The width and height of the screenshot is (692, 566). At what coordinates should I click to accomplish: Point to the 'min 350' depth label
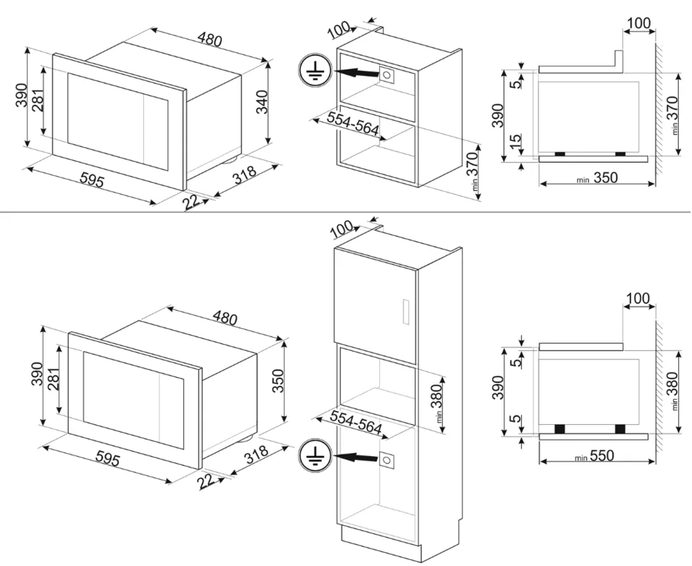pyautogui.click(x=597, y=178)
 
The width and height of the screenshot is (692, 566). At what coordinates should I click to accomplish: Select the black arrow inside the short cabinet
pyautogui.click(x=354, y=71)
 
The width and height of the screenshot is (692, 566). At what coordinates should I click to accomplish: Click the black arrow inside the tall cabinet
pyautogui.click(x=354, y=457)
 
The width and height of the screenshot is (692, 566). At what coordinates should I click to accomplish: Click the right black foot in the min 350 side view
pyautogui.click(x=620, y=154)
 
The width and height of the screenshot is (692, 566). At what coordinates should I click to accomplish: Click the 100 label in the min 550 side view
pyautogui.click(x=637, y=299)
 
